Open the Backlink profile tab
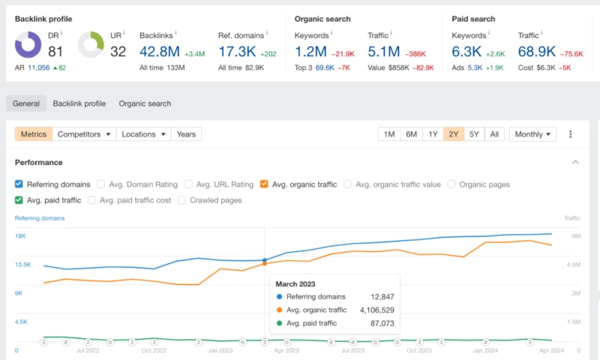(79, 103)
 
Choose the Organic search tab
(145, 103)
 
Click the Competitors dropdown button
(85, 134)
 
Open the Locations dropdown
(144, 134)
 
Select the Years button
(186, 134)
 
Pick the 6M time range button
(411, 134)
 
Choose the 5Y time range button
(473, 134)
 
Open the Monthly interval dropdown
(532, 134)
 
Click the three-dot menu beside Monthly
(571, 134)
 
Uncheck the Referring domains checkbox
(19, 184)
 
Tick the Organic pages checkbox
(451, 184)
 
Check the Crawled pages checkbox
(182, 200)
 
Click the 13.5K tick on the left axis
(24, 265)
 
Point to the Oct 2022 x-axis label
(154, 350)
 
